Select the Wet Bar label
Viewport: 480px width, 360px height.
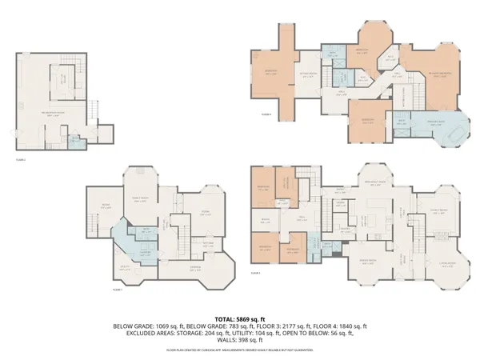point(207,243)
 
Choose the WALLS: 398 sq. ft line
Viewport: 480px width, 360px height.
point(240,341)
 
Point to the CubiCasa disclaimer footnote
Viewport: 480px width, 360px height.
point(240,350)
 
